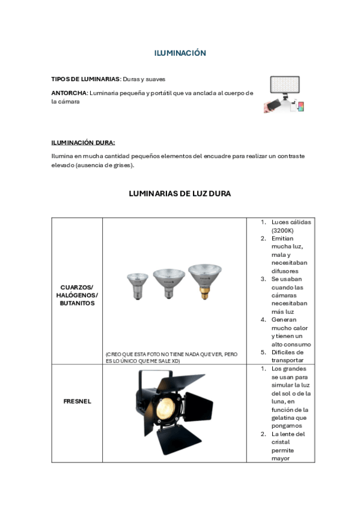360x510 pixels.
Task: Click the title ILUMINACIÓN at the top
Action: pos(180,53)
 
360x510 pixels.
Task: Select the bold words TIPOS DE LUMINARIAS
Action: pos(86,79)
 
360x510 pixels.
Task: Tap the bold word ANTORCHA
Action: pos(69,93)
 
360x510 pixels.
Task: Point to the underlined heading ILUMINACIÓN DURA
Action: pos(83,143)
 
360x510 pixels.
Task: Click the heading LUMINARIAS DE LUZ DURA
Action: pos(180,194)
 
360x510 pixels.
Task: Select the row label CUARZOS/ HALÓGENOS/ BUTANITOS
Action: pos(77,295)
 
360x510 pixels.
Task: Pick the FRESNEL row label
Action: pos(77,401)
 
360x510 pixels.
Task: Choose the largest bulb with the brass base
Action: pos(205,277)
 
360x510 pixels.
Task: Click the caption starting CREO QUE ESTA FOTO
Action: pos(171,358)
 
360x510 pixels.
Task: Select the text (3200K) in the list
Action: pos(282,230)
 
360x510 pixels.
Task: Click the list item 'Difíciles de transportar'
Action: pos(287,356)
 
